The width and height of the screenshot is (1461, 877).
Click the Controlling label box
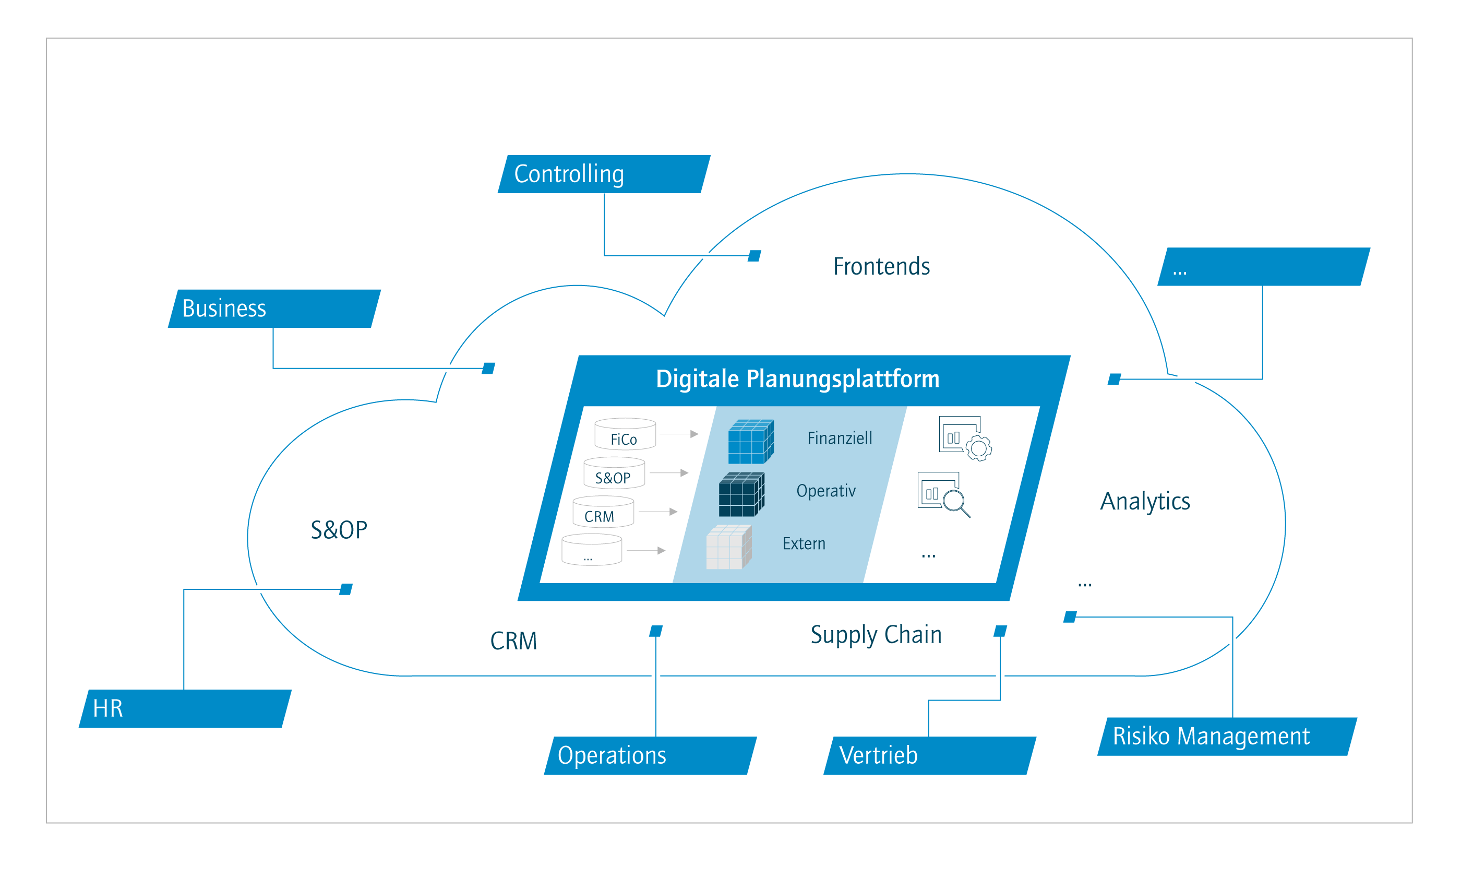(604, 174)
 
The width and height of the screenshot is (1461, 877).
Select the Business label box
(274, 309)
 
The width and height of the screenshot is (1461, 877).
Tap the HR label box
(185, 708)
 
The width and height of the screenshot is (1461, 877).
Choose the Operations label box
(650, 755)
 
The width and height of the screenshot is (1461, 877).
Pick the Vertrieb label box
(929, 755)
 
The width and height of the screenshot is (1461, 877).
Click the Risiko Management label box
(1227, 737)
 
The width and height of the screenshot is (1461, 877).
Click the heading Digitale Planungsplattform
(797, 379)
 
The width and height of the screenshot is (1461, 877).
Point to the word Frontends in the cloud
(881, 267)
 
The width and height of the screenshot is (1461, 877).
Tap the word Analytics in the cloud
(1144, 501)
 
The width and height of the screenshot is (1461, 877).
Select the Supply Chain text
(876, 635)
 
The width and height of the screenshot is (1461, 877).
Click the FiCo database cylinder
(625, 434)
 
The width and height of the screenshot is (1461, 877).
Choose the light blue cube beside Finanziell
(750, 442)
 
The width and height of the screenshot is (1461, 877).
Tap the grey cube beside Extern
(729, 547)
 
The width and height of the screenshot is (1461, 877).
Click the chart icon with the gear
(965, 438)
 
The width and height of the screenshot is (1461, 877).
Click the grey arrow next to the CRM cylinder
(658, 512)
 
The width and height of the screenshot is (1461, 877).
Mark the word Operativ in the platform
(825, 491)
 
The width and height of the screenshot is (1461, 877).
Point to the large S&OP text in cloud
(339, 530)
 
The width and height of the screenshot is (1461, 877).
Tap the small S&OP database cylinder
(614, 473)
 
